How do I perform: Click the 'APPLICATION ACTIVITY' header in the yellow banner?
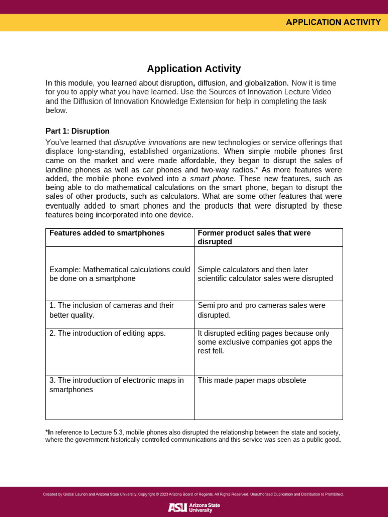coord(333,22)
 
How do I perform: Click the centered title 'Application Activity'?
coord(194,69)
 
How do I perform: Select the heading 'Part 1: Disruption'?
coord(77,131)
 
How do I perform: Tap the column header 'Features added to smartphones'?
coord(107,233)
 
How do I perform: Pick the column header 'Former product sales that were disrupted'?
coord(254,237)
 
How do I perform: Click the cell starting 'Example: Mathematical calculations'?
coord(120,274)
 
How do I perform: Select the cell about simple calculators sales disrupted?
coord(265,274)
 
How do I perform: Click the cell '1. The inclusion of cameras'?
coord(111,310)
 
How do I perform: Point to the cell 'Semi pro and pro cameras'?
coord(261,310)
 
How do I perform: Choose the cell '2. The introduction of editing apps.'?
coord(107,333)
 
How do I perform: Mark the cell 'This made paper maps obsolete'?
coord(252,380)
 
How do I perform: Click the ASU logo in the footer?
coord(194,507)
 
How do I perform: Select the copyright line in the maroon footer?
coord(193,494)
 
